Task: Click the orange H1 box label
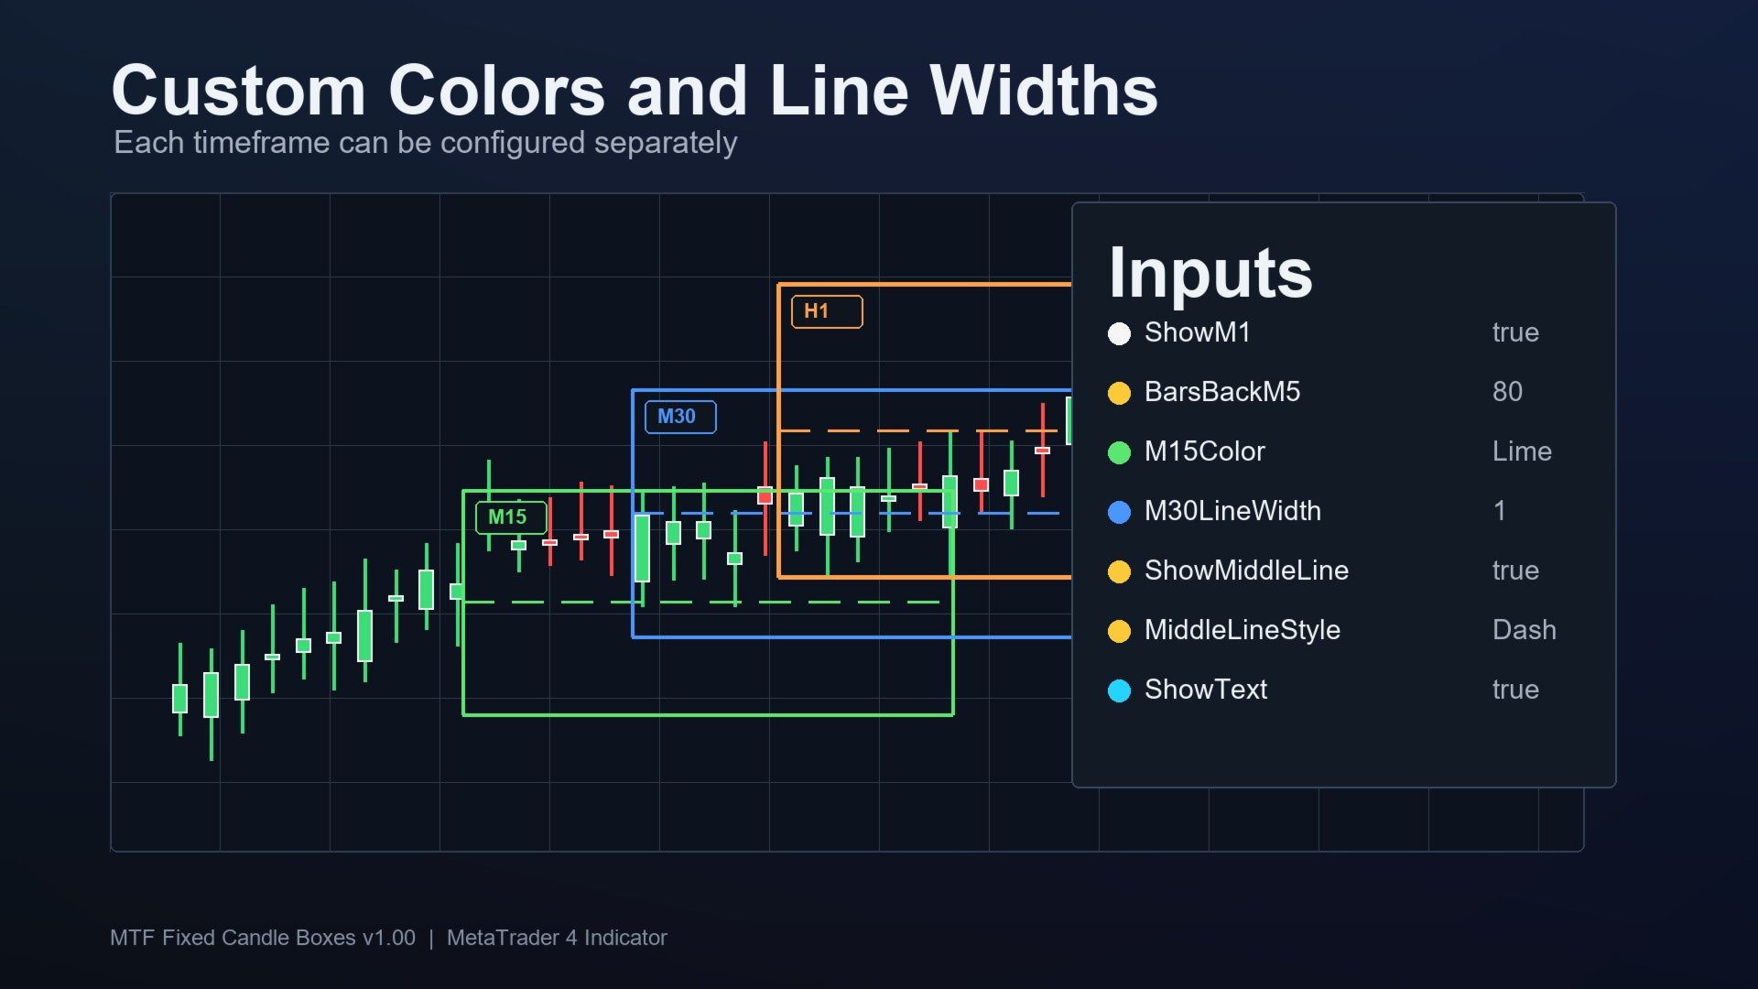coord(827,311)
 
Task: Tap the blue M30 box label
coord(680,417)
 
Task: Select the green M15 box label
coord(511,517)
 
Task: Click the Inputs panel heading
coord(1210,273)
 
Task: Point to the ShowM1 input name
coord(1197,332)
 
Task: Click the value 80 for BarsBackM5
coord(1507,392)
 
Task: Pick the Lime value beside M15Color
coord(1522,451)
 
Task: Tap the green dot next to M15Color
coord(1119,452)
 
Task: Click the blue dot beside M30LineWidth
coord(1119,512)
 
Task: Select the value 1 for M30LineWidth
coord(1499,511)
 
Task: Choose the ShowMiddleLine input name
coord(1246,571)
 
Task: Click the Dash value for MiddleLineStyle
coord(1524,630)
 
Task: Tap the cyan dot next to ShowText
coord(1119,690)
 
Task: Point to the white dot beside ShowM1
coord(1119,333)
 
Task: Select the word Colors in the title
coord(496,91)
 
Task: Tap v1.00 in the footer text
coord(388,938)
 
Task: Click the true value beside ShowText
coord(1515,690)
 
